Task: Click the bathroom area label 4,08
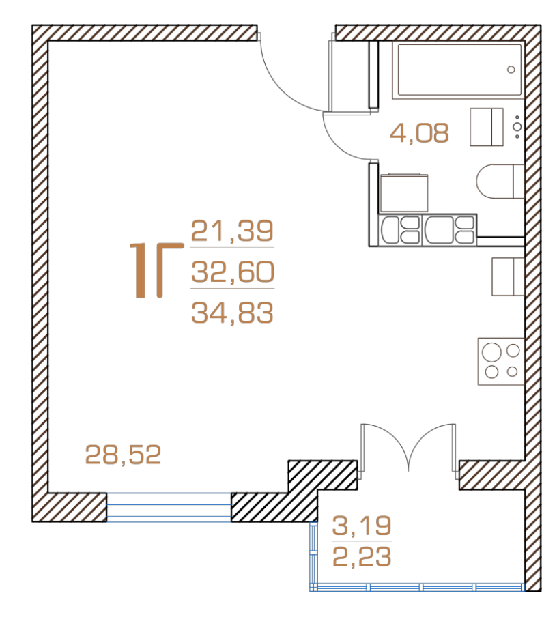[x=419, y=132]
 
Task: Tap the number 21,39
[x=232, y=231]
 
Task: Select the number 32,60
[x=233, y=272]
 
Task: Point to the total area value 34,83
[x=232, y=313]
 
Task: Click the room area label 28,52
[x=124, y=455]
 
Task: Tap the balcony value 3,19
[x=362, y=526]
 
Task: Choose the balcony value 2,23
[x=362, y=556]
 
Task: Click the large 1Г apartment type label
[x=157, y=270]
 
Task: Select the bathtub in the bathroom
[x=458, y=70]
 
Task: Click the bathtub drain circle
[x=511, y=70]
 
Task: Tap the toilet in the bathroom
[x=500, y=182]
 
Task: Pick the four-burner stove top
[x=501, y=361]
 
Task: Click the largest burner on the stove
[x=491, y=352]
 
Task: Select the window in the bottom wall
[x=169, y=507]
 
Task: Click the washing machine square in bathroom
[x=404, y=192]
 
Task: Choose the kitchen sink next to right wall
[x=508, y=276]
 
